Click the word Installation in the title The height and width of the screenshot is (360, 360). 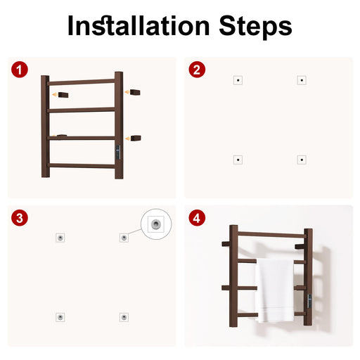coord(139,25)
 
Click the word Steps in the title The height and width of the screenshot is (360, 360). coord(255,27)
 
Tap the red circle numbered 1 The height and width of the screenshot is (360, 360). coord(20,70)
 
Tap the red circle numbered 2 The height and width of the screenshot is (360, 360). coord(197,70)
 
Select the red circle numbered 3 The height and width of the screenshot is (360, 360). coord(20,218)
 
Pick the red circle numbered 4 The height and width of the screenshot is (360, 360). coord(197,218)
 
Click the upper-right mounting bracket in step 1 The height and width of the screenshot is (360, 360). coord(135,92)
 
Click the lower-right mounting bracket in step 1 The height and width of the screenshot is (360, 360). coord(136,138)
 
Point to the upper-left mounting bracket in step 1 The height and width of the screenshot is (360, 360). coord(63,95)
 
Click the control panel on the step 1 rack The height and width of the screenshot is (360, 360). coord(118,153)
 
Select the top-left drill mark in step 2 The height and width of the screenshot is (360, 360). coord(238,80)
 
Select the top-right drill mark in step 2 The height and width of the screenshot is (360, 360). coord(302,80)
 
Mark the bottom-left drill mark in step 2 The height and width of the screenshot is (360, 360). coord(238,160)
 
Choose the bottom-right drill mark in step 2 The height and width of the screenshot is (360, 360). coord(302,160)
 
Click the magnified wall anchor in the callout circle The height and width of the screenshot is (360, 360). coord(156,224)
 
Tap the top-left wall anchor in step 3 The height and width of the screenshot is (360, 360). coord(60,238)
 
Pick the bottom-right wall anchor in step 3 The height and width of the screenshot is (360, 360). coord(124,317)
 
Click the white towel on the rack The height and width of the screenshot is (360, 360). coord(275,290)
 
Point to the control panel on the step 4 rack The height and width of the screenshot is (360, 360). coord(309,302)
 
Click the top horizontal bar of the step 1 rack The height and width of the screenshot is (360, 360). coord(81,82)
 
